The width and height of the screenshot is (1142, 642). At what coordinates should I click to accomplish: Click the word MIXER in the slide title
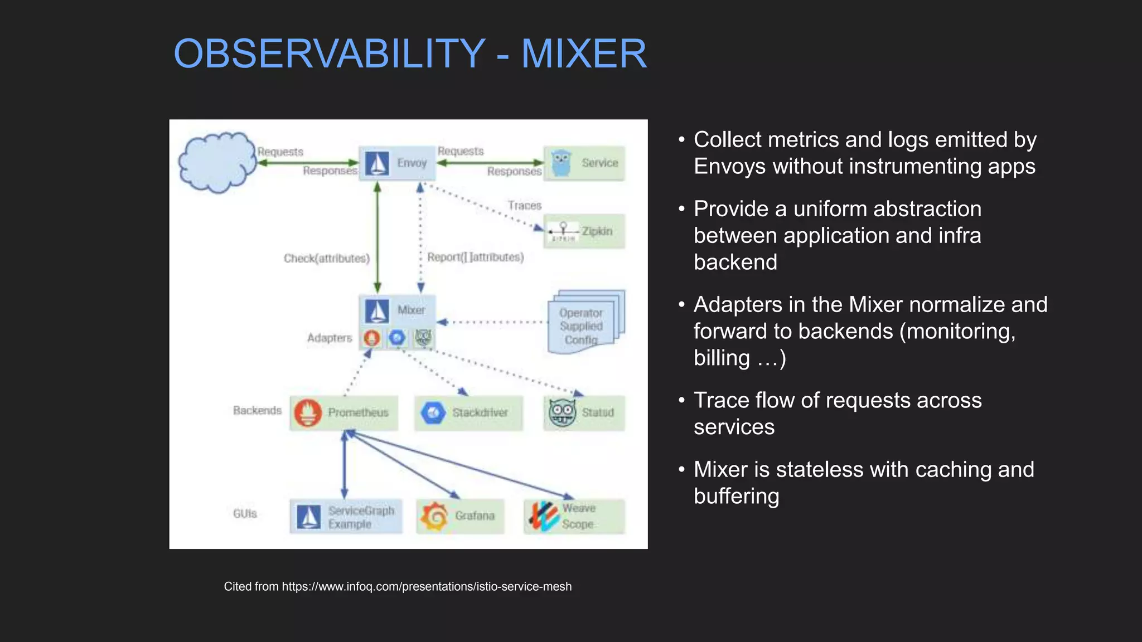[x=584, y=54]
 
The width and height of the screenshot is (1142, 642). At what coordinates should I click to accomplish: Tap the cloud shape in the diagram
[x=216, y=162]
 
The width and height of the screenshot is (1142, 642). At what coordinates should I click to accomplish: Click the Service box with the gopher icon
[x=584, y=163]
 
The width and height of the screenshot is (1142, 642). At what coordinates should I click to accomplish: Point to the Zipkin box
[x=584, y=231]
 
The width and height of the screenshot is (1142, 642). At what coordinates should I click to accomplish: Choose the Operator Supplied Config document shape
[x=582, y=326]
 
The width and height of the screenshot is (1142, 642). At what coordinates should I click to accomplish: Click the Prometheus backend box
[x=343, y=412]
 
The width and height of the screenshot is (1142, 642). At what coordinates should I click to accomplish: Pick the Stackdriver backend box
[x=468, y=412]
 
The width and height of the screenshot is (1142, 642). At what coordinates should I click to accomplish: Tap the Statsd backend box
[x=584, y=412]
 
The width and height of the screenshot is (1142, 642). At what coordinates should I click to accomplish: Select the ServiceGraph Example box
[x=346, y=517]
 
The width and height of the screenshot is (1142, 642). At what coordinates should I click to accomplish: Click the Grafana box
[x=460, y=516]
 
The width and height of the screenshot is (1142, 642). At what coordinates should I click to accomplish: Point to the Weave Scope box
[x=574, y=516]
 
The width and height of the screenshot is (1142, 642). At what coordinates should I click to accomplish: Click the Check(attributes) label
[x=327, y=259]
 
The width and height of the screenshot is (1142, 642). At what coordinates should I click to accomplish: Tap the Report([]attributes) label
[x=476, y=257]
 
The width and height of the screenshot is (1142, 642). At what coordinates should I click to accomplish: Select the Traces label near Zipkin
[x=525, y=206]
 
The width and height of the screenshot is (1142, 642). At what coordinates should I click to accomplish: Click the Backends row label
[x=257, y=411]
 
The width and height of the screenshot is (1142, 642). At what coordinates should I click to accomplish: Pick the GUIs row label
[x=245, y=514]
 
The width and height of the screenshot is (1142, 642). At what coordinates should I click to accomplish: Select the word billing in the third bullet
[x=722, y=358]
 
